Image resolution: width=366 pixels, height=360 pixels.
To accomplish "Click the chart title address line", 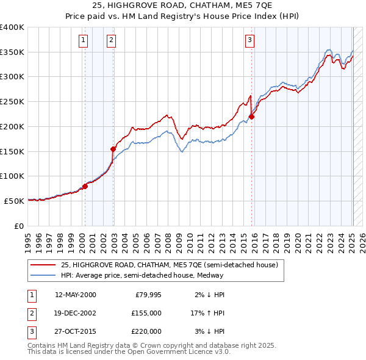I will (182, 6).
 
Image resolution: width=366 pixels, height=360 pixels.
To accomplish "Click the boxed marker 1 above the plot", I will (83, 41).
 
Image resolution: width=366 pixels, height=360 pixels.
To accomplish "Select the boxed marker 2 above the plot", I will (112, 41).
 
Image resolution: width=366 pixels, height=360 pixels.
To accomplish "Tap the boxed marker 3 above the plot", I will (249, 41).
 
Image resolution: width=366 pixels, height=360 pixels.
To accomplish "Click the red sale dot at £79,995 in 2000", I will (85, 186).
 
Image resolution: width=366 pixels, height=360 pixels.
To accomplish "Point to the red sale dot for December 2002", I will (113, 149).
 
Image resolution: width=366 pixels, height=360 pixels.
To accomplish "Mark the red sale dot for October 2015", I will (251, 117).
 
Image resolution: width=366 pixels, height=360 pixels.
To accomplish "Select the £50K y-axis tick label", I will (14, 201).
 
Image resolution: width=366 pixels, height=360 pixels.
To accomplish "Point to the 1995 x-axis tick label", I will (27, 240).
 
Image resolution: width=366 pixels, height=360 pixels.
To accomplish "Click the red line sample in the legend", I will (44, 265).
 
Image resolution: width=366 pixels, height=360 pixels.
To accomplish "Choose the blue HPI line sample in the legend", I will (44, 275).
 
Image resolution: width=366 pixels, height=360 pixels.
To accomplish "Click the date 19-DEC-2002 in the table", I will (75, 313).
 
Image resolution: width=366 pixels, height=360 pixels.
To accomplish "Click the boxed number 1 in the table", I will (31, 295).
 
